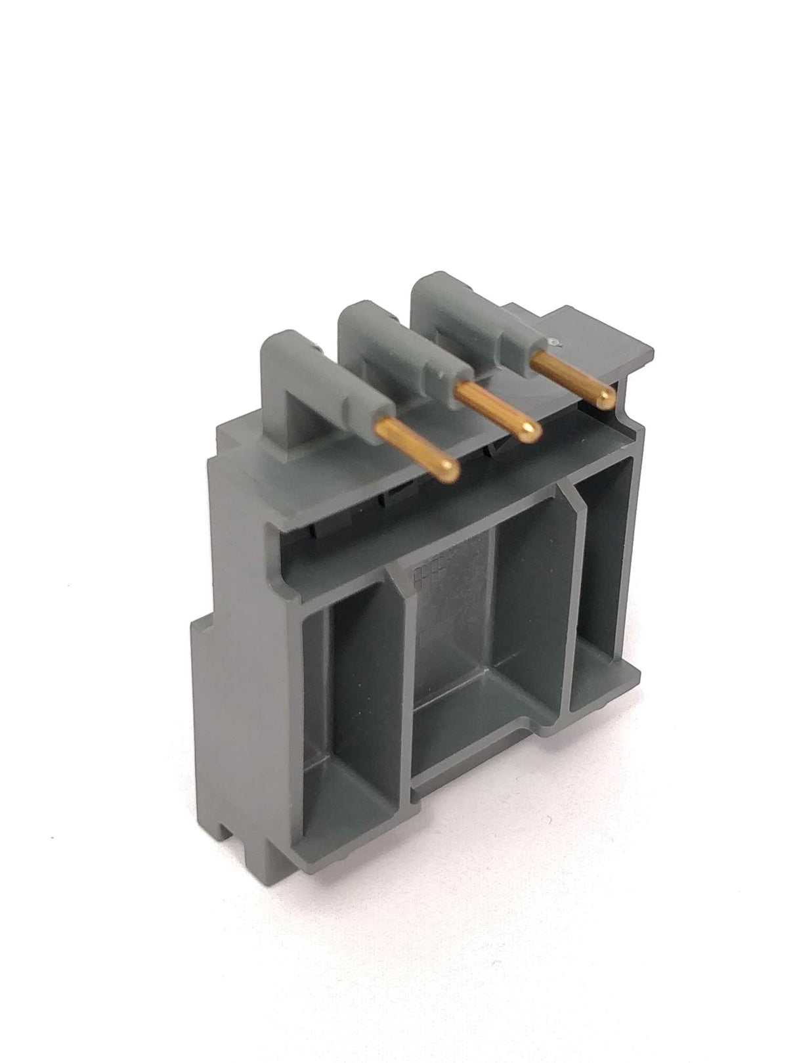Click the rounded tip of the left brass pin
449,467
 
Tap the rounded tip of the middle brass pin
530,430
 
